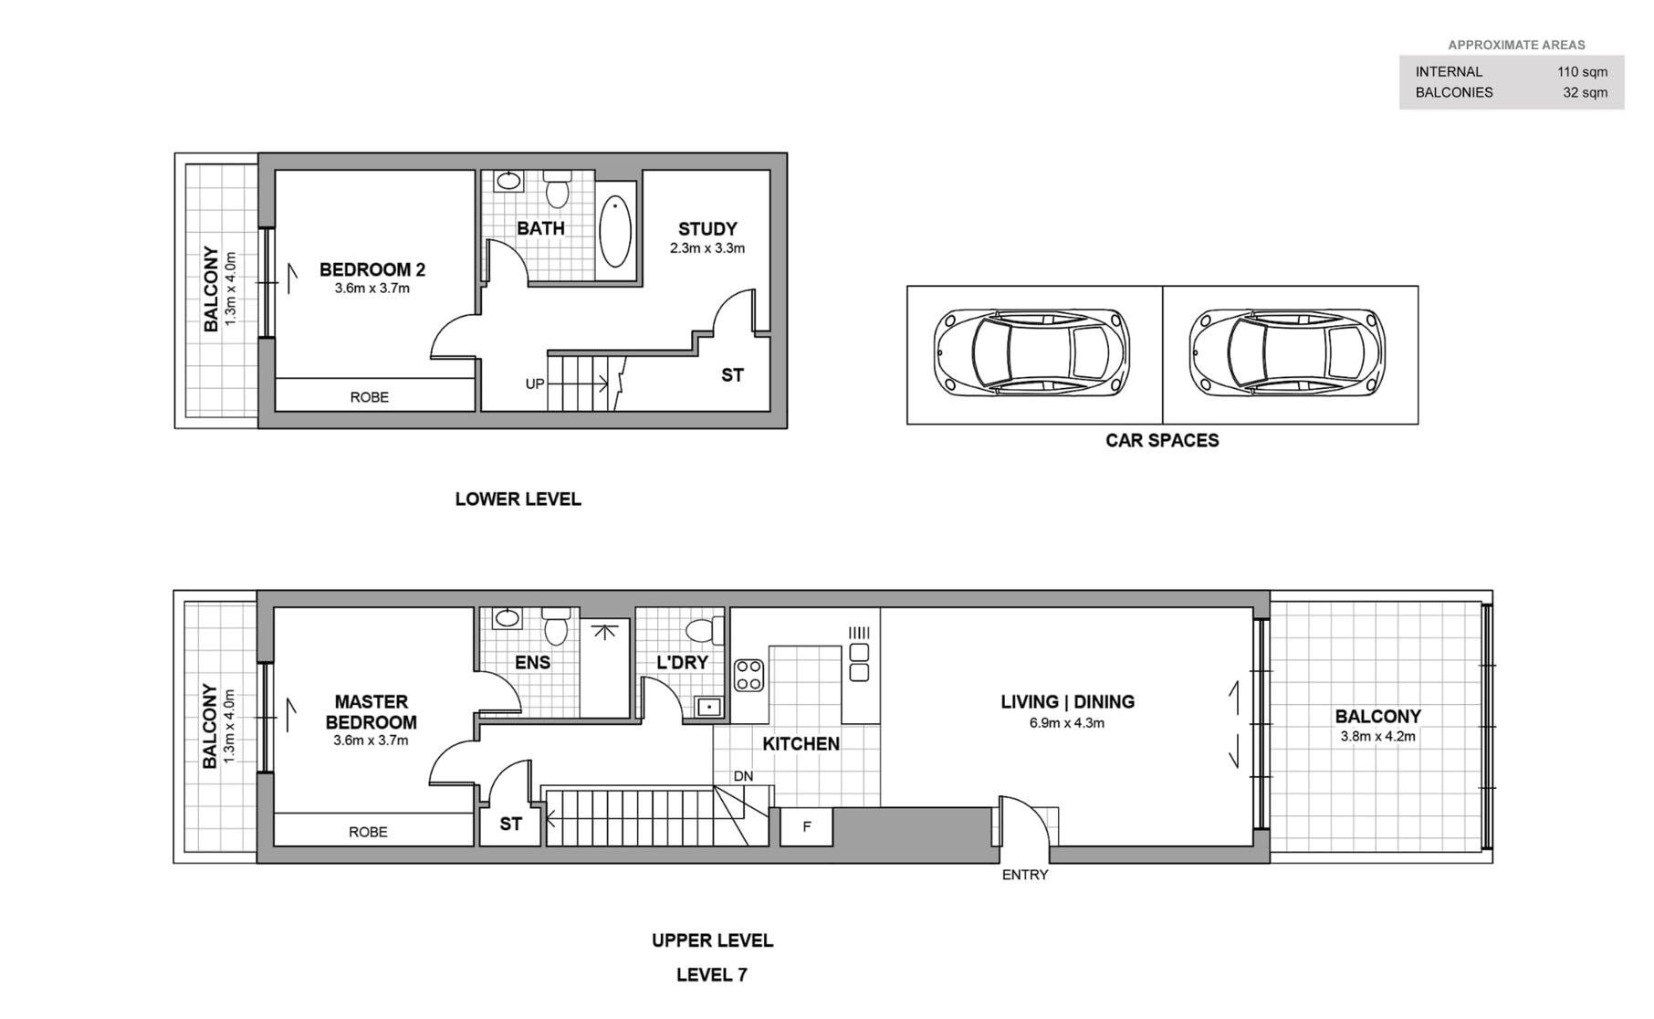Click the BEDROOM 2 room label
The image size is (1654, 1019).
coord(372,269)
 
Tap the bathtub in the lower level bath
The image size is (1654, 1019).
coord(616,230)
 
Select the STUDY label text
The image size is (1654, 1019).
coord(707,229)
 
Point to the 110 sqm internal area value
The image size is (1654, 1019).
coord(1583,72)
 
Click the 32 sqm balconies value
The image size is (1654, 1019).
coord(1586,92)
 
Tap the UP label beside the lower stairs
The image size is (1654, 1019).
coord(535,384)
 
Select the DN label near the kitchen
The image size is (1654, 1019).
coord(743,777)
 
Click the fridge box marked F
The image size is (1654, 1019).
coord(807,827)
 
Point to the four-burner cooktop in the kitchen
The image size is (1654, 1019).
coord(749,675)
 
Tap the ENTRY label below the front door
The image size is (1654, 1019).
coord(1025,875)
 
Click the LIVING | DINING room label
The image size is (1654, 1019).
coord(1067,702)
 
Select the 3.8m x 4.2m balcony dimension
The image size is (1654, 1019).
coord(1377,736)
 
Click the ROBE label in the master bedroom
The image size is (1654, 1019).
coord(368,832)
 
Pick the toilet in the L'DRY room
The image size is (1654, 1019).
coord(704,631)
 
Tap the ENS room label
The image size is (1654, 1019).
coord(532,663)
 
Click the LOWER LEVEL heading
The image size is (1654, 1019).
coord(518,499)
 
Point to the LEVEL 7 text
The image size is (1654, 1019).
coord(712,975)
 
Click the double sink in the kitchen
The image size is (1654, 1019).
coord(859,662)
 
